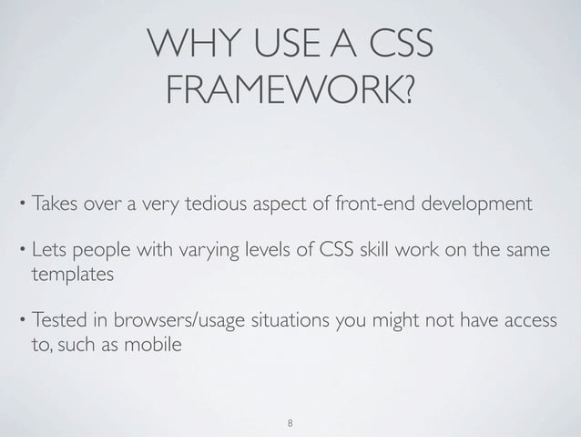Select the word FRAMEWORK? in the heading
[290, 90]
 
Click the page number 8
[290, 424]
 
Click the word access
[525, 325]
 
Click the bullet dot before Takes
[20, 201]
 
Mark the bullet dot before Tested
[20, 325]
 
